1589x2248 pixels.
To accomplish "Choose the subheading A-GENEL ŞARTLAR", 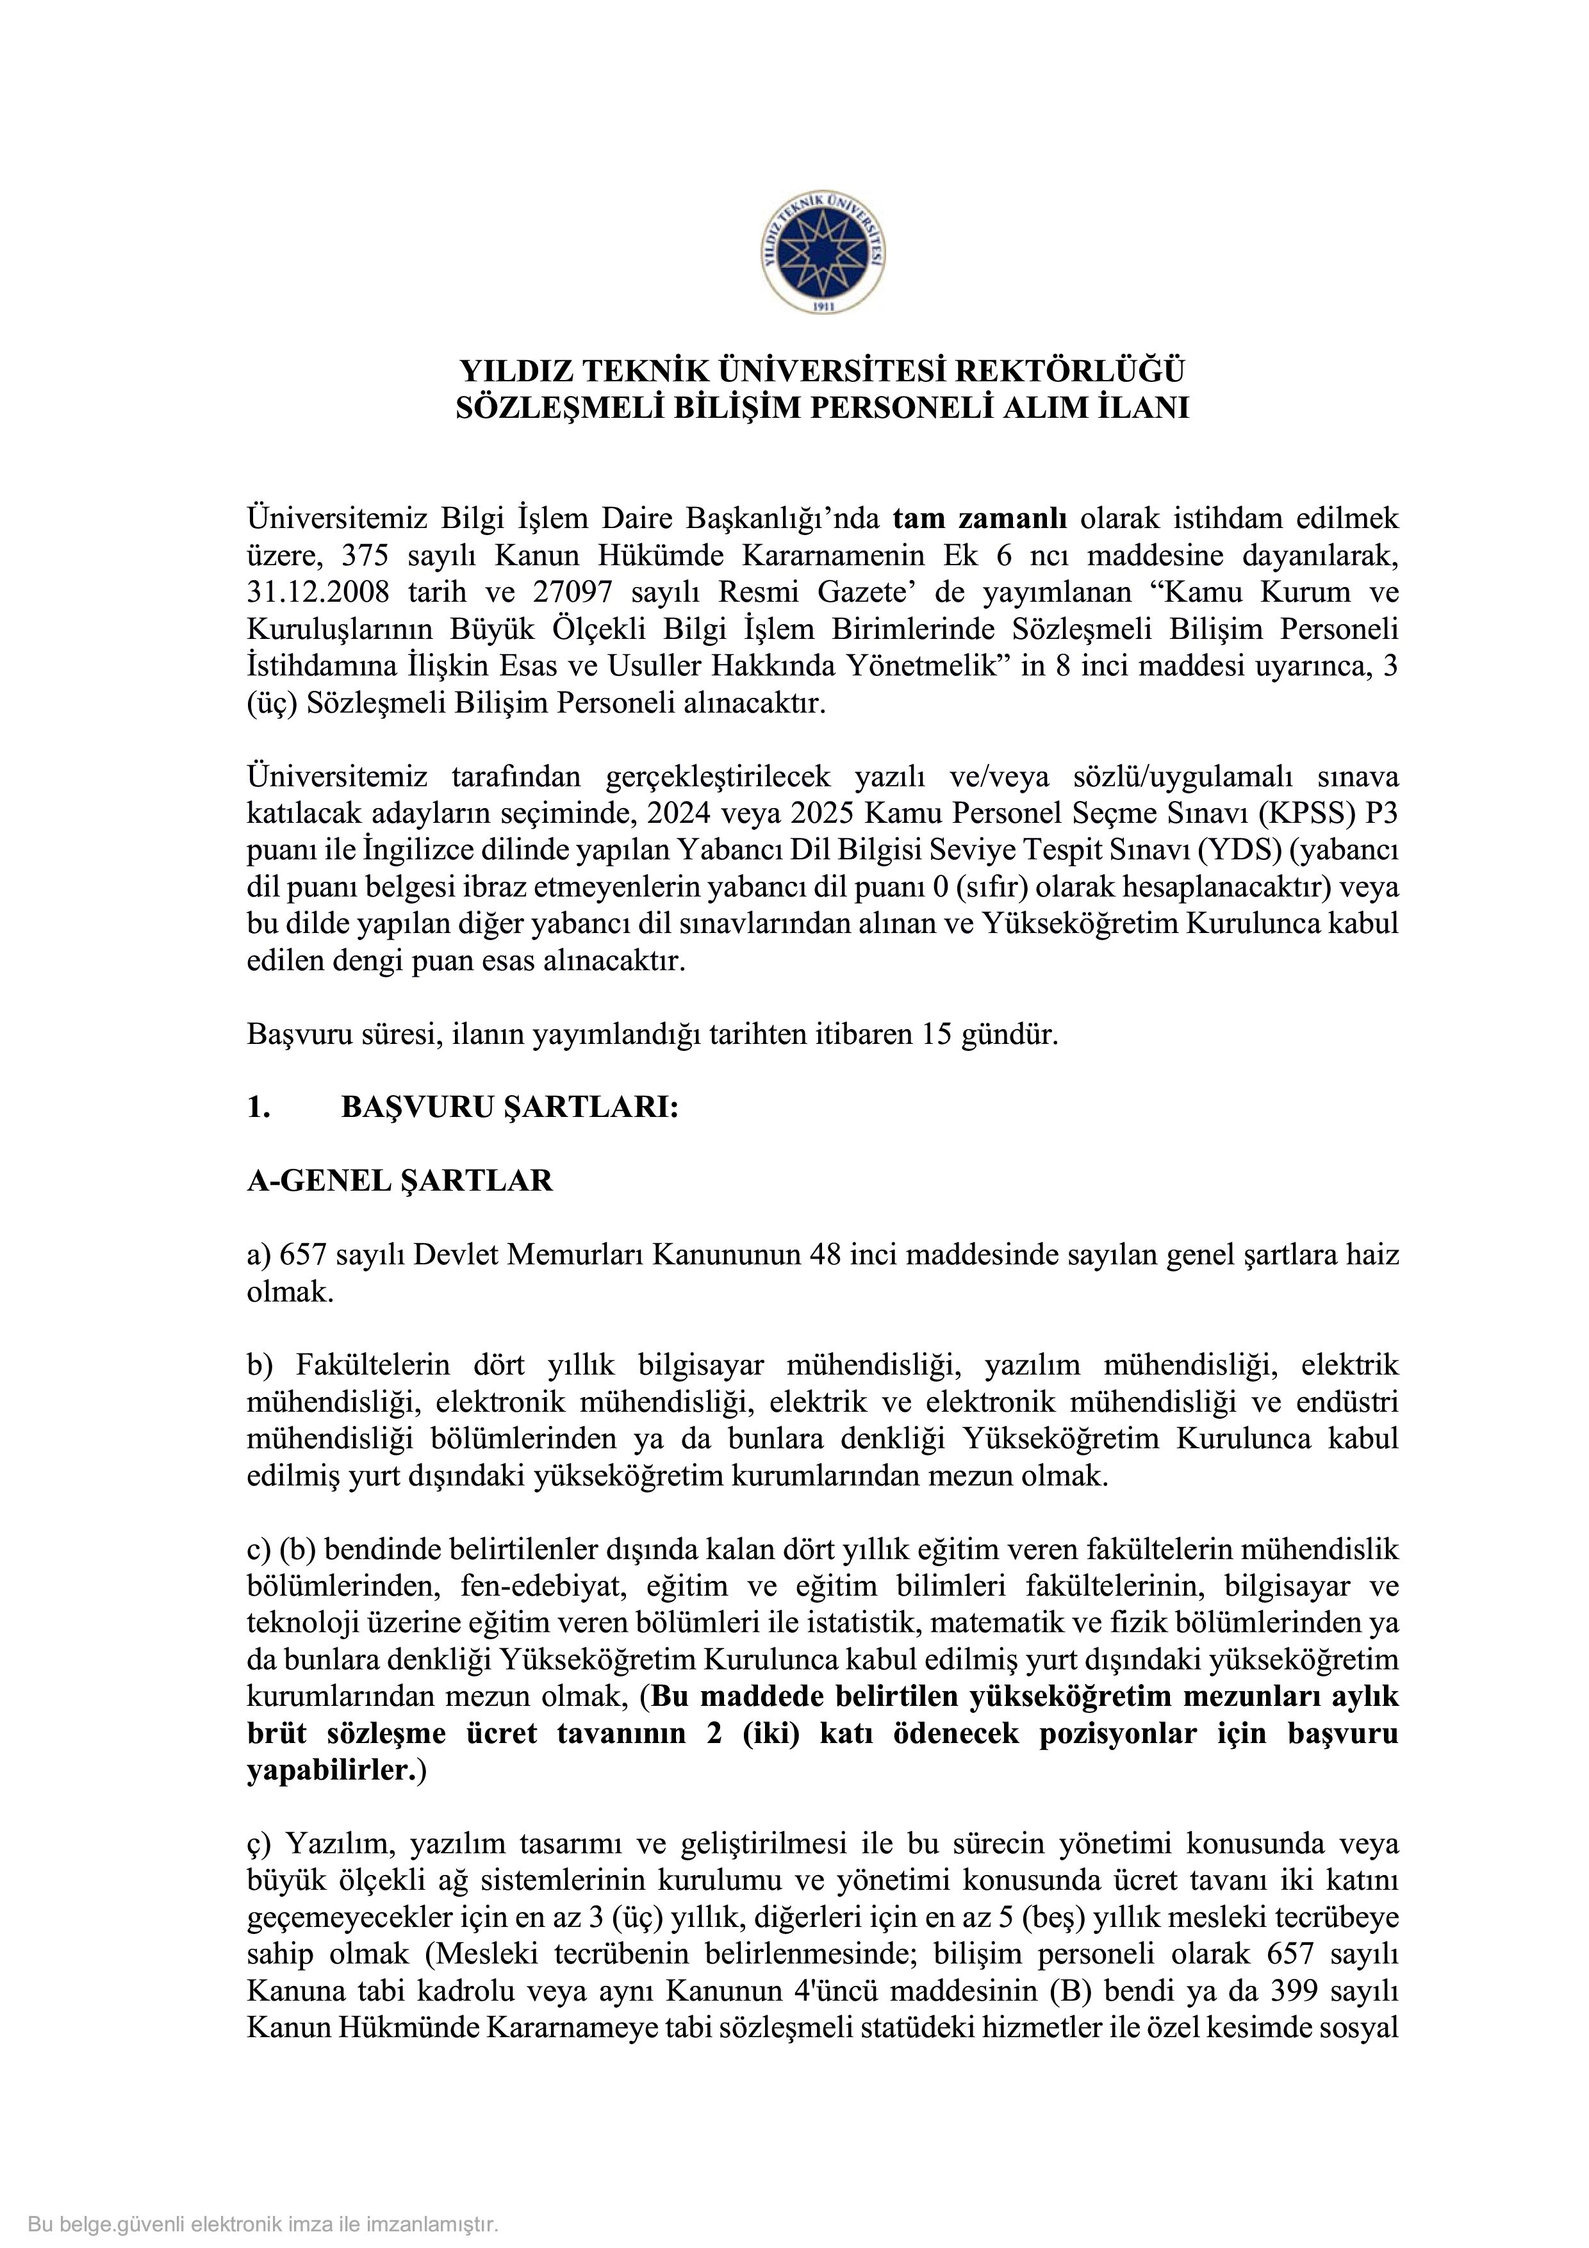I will click(399, 1181).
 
